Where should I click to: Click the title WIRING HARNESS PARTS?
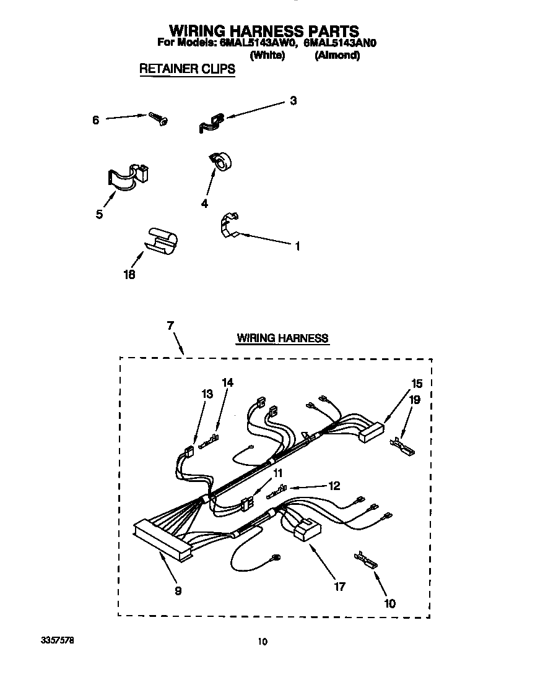[264, 30]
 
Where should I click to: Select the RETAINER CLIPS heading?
[187, 69]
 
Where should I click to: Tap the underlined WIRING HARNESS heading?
[282, 338]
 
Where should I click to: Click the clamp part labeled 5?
[128, 176]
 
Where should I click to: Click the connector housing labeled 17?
[308, 531]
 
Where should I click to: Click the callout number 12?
[334, 486]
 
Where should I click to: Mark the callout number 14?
[227, 383]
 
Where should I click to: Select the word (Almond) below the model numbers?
[337, 55]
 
